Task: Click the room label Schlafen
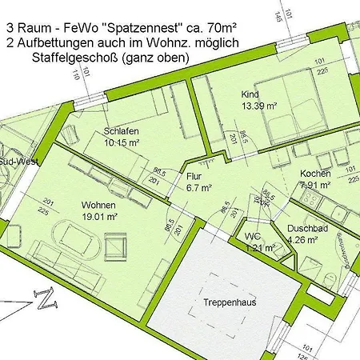(121, 131)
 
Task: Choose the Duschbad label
(307, 228)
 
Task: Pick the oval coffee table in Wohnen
(77, 237)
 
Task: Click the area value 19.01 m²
(101, 215)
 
